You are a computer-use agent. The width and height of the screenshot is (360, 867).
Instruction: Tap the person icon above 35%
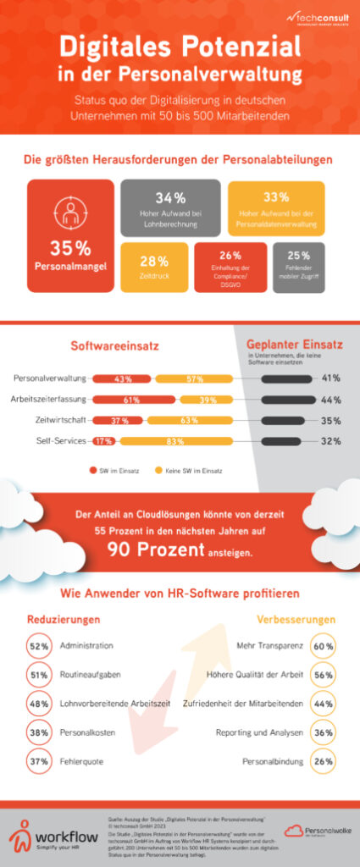(70, 211)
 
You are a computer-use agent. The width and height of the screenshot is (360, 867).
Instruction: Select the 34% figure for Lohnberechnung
(170, 198)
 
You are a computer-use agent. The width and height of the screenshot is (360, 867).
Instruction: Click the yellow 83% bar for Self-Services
(175, 441)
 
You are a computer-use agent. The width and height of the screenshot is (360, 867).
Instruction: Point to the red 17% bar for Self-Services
(104, 441)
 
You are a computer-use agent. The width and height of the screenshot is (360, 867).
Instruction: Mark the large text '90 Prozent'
(155, 549)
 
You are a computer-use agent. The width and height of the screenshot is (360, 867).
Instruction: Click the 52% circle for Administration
(38, 645)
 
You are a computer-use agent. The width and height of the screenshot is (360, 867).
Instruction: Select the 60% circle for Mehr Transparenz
(322, 645)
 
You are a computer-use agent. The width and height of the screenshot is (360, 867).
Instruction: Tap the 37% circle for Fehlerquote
(38, 760)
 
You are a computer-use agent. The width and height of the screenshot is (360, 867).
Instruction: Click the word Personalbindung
(268, 760)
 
